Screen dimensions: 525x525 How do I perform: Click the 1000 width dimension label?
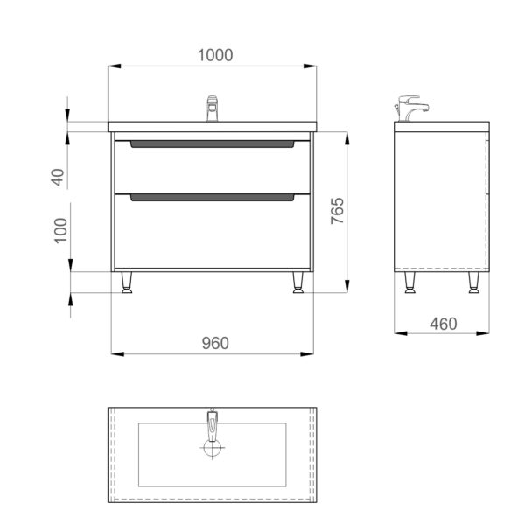215,55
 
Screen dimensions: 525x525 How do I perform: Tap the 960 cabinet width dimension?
215,343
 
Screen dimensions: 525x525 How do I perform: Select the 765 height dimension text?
337,211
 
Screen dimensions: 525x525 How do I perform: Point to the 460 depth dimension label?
444,324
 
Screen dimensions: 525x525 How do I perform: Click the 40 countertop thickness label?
58,177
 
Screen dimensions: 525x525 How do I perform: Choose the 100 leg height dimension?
60,230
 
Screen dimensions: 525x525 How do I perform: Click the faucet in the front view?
213,108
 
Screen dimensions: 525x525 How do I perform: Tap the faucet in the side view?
411,108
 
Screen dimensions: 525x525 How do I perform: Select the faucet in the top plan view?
213,425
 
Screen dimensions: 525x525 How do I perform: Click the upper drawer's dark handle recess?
213,144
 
